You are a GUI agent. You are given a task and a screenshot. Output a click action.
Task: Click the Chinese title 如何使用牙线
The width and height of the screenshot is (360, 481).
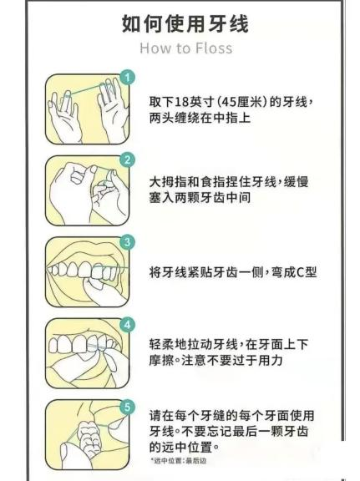click(x=185, y=23)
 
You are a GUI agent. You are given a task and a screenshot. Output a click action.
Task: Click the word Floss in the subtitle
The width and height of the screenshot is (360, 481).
click(x=214, y=48)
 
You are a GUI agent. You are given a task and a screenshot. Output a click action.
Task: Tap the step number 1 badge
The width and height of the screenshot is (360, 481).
click(x=127, y=77)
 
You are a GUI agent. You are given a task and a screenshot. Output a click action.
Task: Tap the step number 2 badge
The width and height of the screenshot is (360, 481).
click(x=127, y=159)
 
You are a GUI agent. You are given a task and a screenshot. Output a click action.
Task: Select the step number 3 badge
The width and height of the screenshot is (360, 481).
click(x=127, y=242)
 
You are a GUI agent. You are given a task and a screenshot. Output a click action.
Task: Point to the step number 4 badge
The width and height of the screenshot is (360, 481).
click(x=127, y=325)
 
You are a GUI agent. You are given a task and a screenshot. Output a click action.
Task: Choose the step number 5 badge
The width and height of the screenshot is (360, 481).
click(x=127, y=407)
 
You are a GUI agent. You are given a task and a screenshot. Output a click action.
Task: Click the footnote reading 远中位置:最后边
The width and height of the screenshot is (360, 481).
click(x=178, y=460)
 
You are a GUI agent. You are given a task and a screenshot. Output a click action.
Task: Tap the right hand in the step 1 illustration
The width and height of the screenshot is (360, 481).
click(x=113, y=110)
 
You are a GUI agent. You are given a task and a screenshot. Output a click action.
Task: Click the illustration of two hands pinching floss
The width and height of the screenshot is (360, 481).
click(x=88, y=190)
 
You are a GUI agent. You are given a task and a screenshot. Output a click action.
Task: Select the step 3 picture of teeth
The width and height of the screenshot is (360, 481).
click(x=88, y=272)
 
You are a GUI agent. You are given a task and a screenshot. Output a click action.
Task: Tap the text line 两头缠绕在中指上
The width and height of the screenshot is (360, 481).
click(x=200, y=118)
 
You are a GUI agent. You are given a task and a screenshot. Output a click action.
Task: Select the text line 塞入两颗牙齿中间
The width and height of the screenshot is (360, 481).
click(x=200, y=198)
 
